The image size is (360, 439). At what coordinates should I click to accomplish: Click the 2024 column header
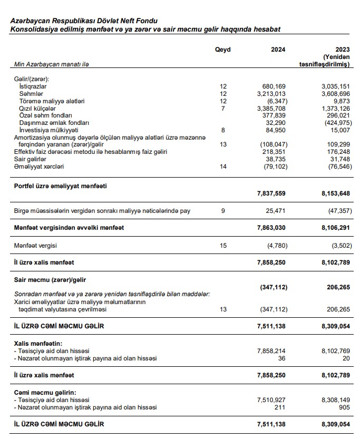(278, 50)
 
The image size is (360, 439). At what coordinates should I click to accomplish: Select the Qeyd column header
(222, 50)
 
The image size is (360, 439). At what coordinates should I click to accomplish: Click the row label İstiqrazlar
(33, 86)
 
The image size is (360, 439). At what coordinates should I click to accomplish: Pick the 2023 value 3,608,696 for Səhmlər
(336, 93)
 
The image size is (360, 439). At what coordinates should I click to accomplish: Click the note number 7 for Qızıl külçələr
(223, 108)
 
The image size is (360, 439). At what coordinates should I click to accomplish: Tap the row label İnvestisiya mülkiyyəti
(48, 130)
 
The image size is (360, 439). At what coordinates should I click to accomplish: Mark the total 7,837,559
(271, 193)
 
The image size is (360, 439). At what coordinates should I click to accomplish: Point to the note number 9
(223, 211)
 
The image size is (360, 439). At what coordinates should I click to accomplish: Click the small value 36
(281, 358)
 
